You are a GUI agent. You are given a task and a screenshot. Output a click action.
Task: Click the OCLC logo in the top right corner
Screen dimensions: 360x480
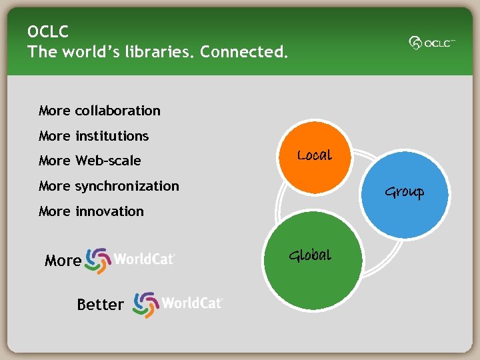432,43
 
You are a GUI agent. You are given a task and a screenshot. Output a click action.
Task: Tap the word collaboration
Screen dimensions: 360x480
117,111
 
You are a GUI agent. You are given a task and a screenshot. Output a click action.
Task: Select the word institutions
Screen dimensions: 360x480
111,136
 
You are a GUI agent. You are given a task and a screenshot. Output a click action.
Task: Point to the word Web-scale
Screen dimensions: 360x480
108,161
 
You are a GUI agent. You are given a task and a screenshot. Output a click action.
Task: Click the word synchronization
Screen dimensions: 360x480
127,186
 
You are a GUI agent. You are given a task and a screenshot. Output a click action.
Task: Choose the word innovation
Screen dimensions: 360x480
109,211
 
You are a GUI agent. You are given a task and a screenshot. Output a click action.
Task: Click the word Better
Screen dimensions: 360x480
100,305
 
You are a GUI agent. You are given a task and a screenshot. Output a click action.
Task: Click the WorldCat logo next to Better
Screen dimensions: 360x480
178,304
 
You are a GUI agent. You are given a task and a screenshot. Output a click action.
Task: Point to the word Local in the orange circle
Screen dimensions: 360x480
314,155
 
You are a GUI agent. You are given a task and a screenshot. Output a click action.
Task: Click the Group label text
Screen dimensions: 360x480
404,193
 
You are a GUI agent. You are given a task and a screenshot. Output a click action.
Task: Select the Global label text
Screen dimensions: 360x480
309,255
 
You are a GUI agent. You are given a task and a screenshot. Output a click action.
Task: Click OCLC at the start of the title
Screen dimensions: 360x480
48,31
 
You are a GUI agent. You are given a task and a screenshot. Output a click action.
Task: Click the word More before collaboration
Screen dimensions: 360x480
54,111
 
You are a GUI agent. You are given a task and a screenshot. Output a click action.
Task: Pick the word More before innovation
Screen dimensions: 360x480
54,211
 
